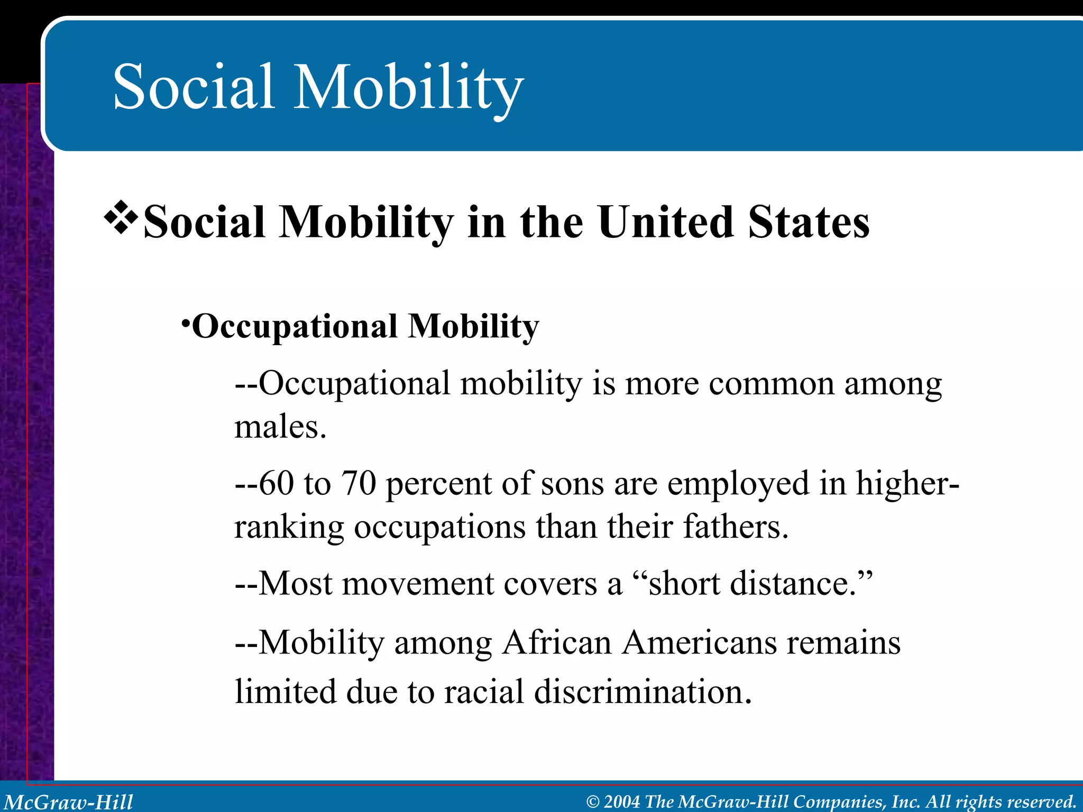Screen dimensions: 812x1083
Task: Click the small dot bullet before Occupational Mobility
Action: click(x=185, y=322)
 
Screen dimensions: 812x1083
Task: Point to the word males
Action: click(x=280, y=427)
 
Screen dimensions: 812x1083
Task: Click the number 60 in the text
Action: click(x=276, y=483)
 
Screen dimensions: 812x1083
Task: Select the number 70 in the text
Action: click(x=359, y=483)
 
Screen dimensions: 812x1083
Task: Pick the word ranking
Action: click(x=289, y=528)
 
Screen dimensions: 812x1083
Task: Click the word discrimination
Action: click(x=643, y=691)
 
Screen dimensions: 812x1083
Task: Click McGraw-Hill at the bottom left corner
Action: click(x=69, y=802)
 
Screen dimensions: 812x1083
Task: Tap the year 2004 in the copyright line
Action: click(x=622, y=802)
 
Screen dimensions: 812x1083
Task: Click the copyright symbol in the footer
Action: click(x=593, y=802)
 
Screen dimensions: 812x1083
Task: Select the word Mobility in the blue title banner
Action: click(x=408, y=87)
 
